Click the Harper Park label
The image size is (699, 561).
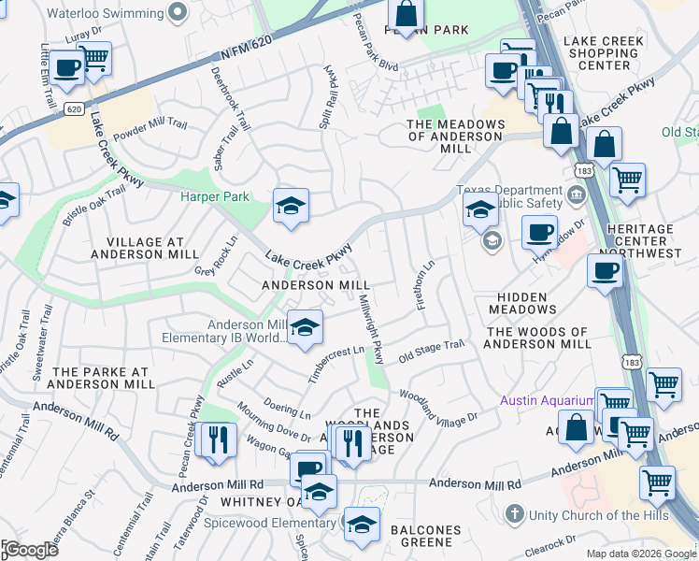click(215, 198)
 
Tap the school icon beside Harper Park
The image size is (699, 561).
click(291, 207)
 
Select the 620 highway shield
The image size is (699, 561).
click(74, 108)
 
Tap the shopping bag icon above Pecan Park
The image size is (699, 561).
click(406, 15)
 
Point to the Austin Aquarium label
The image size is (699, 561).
click(546, 400)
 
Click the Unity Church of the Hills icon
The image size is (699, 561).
click(514, 513)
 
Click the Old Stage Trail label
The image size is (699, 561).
click(431, 351)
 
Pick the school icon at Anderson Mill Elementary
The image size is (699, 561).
click(304, 328)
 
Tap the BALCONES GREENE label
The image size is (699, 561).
click(425, 536)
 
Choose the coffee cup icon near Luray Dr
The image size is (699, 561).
click(66, 67)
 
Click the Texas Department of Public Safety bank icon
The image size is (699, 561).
click(576, 197)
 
